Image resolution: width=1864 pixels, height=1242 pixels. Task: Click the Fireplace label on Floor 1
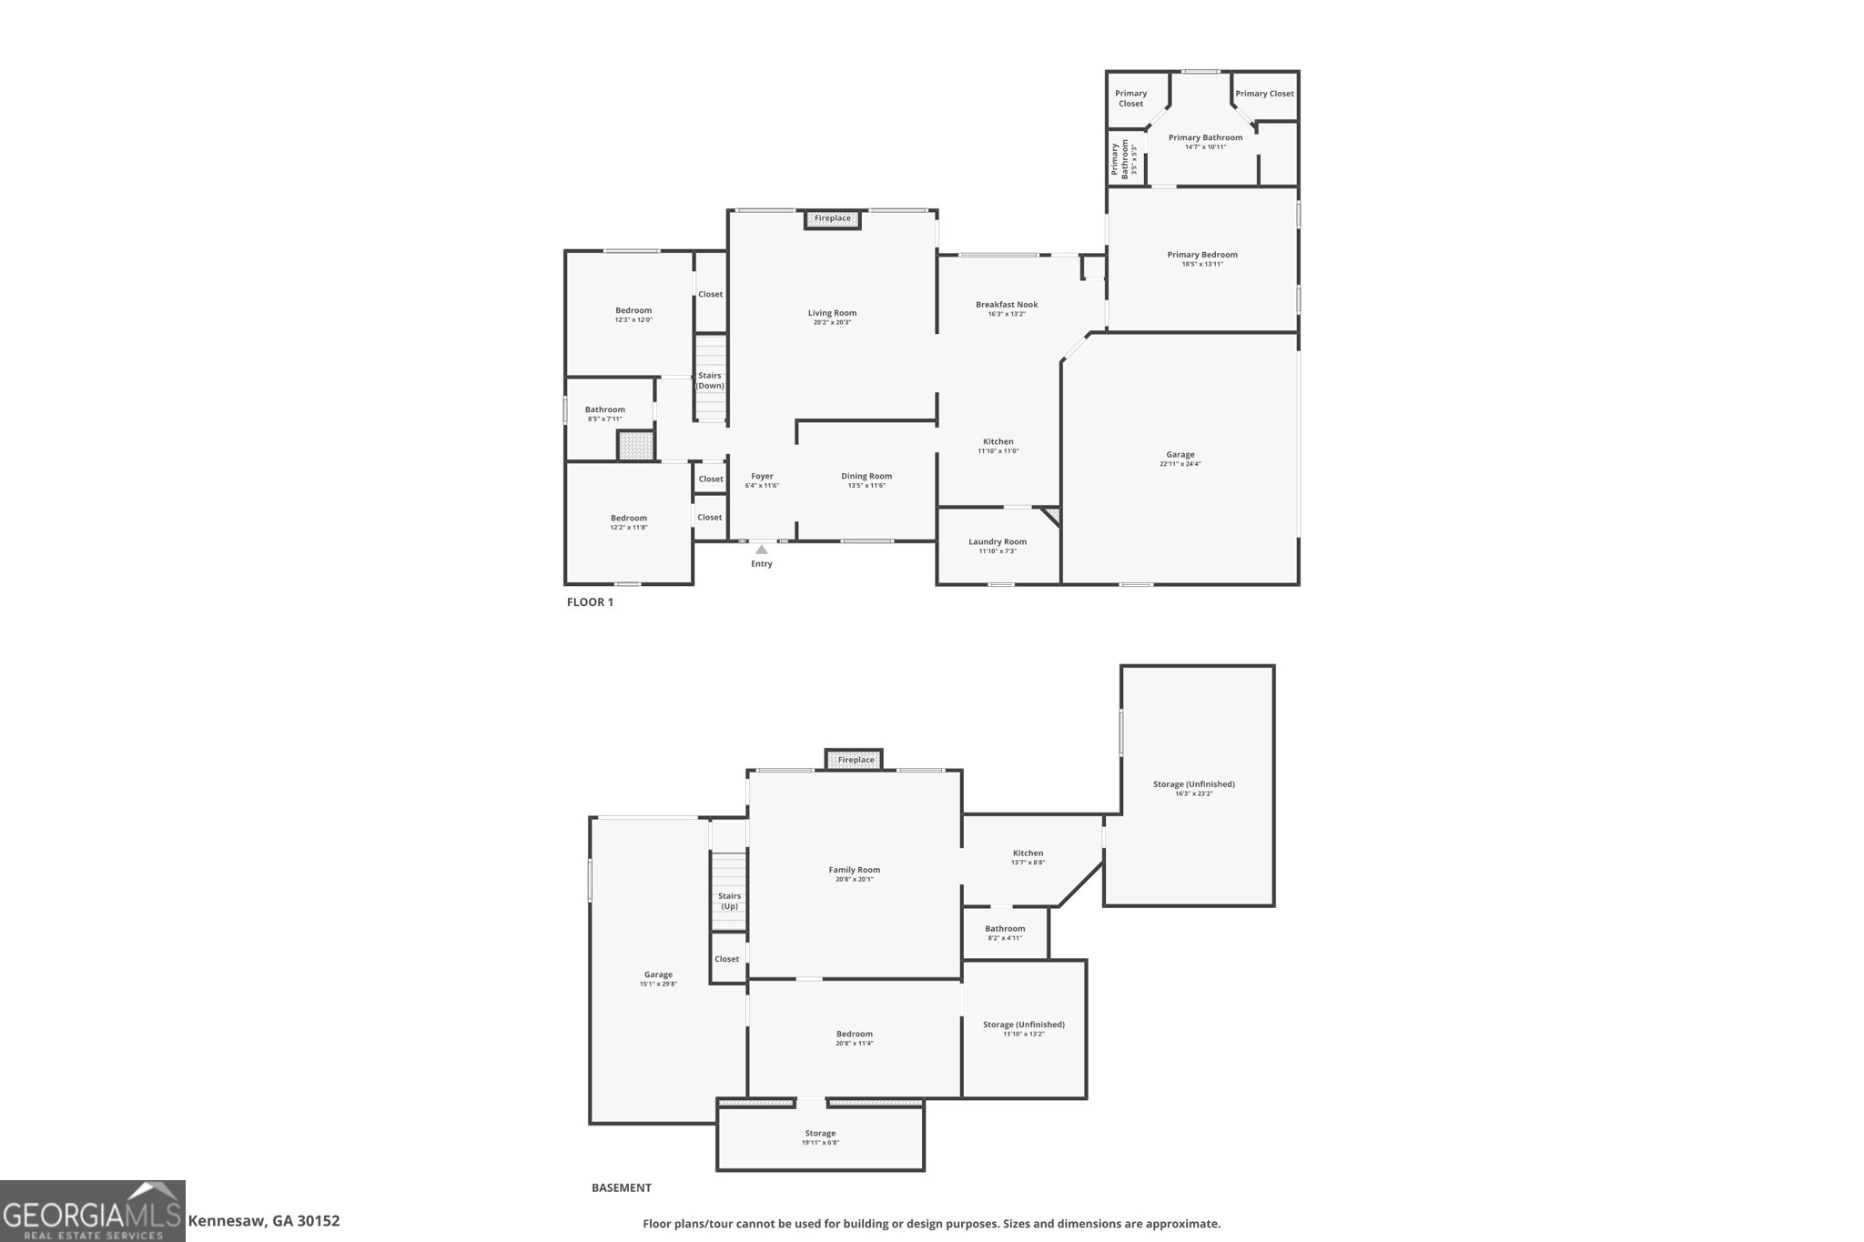[832, 218]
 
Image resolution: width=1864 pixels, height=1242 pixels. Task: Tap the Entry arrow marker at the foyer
[762, 550]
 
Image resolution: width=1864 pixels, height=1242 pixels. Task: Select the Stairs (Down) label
[710, 380]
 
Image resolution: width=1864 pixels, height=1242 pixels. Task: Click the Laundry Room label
[998, 541]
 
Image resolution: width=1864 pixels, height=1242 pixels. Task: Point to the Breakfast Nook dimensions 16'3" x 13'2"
[1007, 315]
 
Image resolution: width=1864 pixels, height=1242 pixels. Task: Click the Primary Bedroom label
[1202, 255]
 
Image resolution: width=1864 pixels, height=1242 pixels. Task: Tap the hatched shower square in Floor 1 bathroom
[635, 446]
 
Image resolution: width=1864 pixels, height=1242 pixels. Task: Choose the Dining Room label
[866, 476]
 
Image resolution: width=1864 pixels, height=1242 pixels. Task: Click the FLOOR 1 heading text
[590, 602]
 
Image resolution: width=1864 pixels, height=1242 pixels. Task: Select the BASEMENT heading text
[622, 1187]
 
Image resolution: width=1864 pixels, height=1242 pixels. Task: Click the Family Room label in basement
[854, 870]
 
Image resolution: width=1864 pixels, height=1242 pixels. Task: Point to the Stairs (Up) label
[729, 901]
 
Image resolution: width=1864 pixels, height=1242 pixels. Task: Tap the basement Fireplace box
[855, 760]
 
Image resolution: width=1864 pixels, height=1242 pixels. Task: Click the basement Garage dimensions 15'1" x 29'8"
[658, 985]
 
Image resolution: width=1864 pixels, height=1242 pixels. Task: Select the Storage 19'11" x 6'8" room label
[820, 1134]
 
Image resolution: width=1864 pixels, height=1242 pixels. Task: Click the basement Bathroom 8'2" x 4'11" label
[1005, 929]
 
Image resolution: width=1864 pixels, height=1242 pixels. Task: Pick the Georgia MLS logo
[93, 1211]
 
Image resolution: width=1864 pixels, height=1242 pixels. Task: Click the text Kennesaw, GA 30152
[264, 1221]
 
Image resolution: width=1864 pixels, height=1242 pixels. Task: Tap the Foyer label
[762, 476]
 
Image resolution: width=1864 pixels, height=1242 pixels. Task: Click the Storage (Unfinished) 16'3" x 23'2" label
[1193, 784]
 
